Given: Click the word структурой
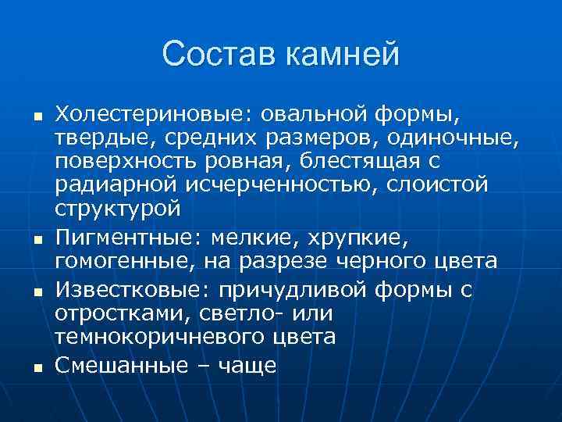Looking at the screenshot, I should coord(117,209).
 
